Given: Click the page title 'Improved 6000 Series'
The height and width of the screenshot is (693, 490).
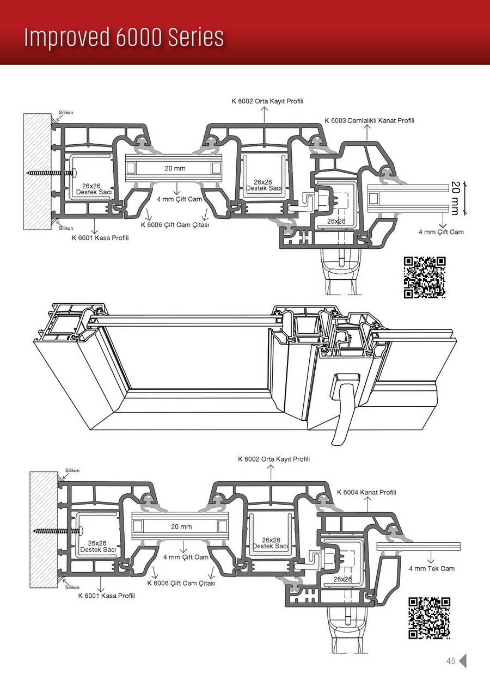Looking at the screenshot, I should pyautogui.click(x=124, y=38).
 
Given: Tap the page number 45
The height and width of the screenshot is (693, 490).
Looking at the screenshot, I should pyautogui.click(x=450, y=661).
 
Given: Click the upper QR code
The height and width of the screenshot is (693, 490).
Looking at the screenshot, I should pyautogui.click(x=425, y=277).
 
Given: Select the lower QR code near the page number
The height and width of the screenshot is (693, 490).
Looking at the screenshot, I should pyautogui.click(x=429, y=618).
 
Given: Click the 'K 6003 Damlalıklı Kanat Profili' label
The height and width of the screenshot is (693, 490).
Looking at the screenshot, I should pyautogui.click(x=370, y=120).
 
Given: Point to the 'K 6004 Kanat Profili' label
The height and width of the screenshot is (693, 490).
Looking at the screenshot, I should pyautogui.click(x=366, y=492).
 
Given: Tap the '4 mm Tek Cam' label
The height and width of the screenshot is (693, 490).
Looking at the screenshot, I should pyautogui.click(x=432, y=568).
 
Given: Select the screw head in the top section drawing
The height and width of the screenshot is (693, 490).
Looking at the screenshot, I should pyautogui.click(x=71, y=174).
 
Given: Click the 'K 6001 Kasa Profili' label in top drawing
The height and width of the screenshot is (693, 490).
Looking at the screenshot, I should pyautogui.click(x=100, y=237).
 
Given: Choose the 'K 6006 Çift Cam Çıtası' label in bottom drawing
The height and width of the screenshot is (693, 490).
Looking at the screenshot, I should pyautogui.click(x=181, y=583).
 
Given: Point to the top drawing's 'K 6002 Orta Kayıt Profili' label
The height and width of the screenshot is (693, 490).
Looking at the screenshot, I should pyautogui.click(x=267, y=101).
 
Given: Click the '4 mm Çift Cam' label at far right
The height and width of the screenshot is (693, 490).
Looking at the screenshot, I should pyautogui.click(x=441, y=232).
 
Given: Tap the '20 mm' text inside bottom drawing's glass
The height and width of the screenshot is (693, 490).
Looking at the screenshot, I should pyautogui.click(x=181, y=526).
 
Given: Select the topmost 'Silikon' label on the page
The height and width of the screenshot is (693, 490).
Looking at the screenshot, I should pyautogui.click(x=66, y=112).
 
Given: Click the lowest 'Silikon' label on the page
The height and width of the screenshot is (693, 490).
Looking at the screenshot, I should pyautogui.click(x=72, y=587).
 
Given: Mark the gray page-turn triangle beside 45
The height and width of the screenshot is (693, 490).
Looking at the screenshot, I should pyautogui.click(x=463, y=661).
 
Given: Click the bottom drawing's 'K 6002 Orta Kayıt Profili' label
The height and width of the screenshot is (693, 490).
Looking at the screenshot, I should pyautogui.click(x=274, y=459).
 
